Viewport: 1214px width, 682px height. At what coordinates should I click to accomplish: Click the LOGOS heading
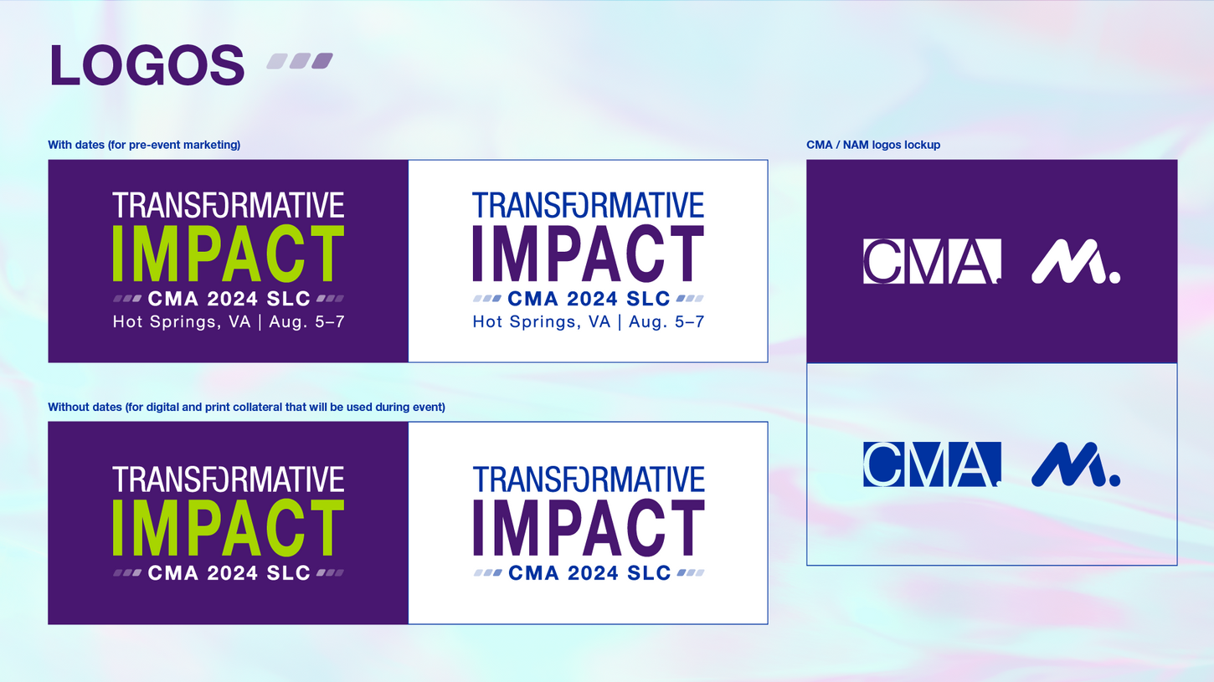click(147, 65)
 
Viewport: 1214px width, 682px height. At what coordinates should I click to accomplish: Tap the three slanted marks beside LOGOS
click(300, 61)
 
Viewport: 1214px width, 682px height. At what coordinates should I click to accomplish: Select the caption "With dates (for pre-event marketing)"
click(144, 145)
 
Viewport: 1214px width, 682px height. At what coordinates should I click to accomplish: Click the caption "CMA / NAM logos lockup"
click(873, 145)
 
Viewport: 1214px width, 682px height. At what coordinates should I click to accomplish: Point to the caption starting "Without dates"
click(247, 407)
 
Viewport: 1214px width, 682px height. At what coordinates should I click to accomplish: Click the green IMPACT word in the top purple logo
click(229, 254)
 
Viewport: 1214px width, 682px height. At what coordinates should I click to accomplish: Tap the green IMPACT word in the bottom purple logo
click(229, 528)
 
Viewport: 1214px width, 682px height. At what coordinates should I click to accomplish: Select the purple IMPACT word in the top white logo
click(588, 254)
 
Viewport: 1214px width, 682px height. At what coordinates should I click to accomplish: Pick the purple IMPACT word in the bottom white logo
click(589, 528)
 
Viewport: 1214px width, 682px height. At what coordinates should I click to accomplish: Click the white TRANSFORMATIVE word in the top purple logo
click(229, 205)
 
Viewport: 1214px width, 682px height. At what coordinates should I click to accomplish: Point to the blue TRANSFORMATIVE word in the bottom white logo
click(589, 479)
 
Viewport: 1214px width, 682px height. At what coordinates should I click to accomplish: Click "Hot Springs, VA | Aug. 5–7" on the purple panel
click(229, 322)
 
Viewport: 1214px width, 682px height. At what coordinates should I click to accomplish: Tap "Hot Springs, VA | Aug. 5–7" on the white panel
click(588, 322)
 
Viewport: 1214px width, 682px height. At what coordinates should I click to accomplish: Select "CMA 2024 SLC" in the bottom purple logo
click(229, 573)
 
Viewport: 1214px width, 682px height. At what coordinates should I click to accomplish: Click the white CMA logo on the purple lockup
click(932, 261)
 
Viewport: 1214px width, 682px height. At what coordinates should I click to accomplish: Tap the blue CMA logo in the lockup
click(932, 464)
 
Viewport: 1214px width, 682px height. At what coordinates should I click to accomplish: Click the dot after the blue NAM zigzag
click(1115, 480)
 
